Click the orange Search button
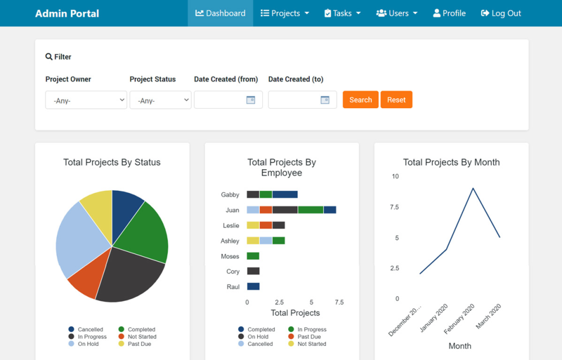click(x=360, y=100)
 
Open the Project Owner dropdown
click(x=86, y=100)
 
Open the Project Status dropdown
click(x=160, y=100)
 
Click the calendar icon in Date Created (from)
click(x=251, y=100)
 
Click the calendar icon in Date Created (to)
click(x=325, y=100)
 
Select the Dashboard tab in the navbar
click(x=220, y=13)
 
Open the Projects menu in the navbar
click(x=285, y=13)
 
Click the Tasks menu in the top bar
click(x=342, y=13)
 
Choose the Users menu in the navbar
click(x=397, y=13)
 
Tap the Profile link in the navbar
click(x=449, y=13)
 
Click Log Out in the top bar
click(x=501, y=13)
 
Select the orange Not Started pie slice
click(x=88, y=276)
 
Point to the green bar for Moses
click(x=253, y=256)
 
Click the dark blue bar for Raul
click(x=253, y=286)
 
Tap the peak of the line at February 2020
click(x=473, y=188)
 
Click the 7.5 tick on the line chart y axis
click(x=394, y=207)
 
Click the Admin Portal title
click(x=67, y=13)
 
